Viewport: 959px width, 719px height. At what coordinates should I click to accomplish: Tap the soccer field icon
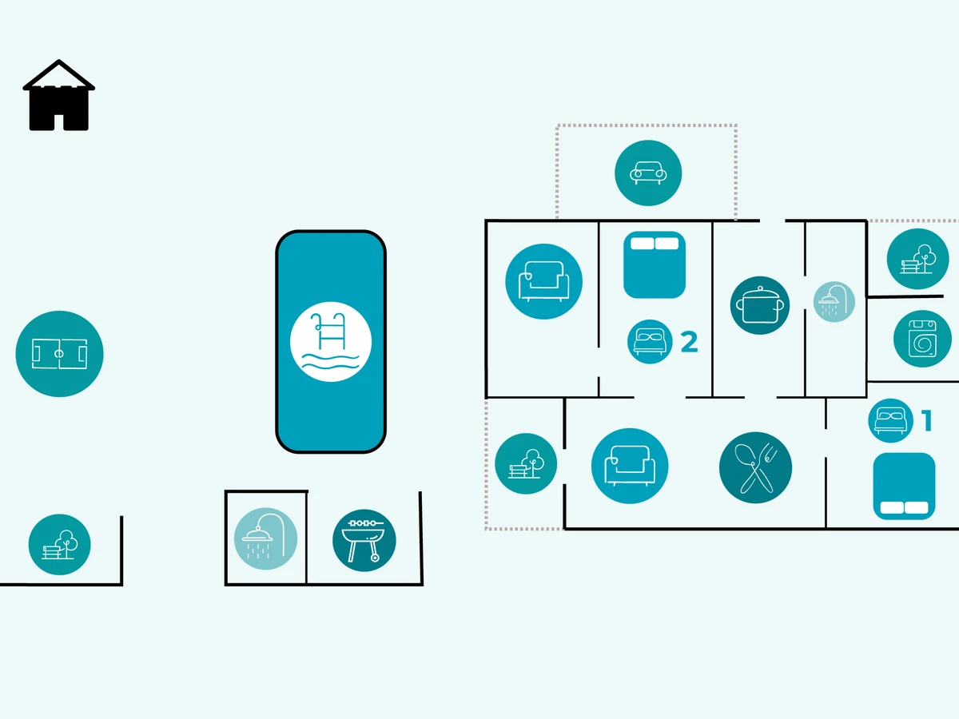pyautogui.click(x=59, y=353)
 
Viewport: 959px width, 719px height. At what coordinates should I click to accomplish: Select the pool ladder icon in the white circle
pyautogui.click(x=330, y=342)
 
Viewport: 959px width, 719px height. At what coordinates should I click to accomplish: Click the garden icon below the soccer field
pyautogui.click(x=60, y=545)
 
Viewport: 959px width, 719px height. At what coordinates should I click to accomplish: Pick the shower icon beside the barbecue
pyautogui.click(x=265, y=538)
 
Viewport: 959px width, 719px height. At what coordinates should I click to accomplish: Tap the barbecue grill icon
pyautogui.click(x=364, y=540)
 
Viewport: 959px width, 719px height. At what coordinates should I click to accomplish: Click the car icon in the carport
pyautogui.click(x=648, y=173)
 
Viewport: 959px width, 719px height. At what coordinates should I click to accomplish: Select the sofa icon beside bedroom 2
pyautogui.click(x=543, y=281)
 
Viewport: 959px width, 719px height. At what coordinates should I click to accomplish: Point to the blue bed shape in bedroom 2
pyautogui.click(x=655, y=265)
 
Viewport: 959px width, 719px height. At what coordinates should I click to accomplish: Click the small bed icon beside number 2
pyautogui.click(x=650, y=341)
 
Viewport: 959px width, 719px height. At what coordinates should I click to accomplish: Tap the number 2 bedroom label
pyautogui.click(x=689, y=342)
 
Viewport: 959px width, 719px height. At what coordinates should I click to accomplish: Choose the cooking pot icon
pyautogui.click(x=760, y=305)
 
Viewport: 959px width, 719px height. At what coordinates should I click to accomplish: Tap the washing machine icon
pyautogui.click(x=922, y=339)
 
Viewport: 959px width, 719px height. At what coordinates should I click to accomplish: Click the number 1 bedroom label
pyautogui.click(x=927, y=420)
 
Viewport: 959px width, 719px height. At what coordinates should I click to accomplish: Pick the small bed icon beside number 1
pyautogui.click(x=890, y=420)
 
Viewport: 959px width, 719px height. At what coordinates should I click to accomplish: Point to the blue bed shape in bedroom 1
pyautogui.click(x=904, y=486)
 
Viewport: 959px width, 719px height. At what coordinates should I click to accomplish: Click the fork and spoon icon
pyautogui.click(x=755, y=468)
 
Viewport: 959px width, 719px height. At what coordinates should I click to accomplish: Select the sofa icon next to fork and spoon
pyautogui.click(x=630, y=467)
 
